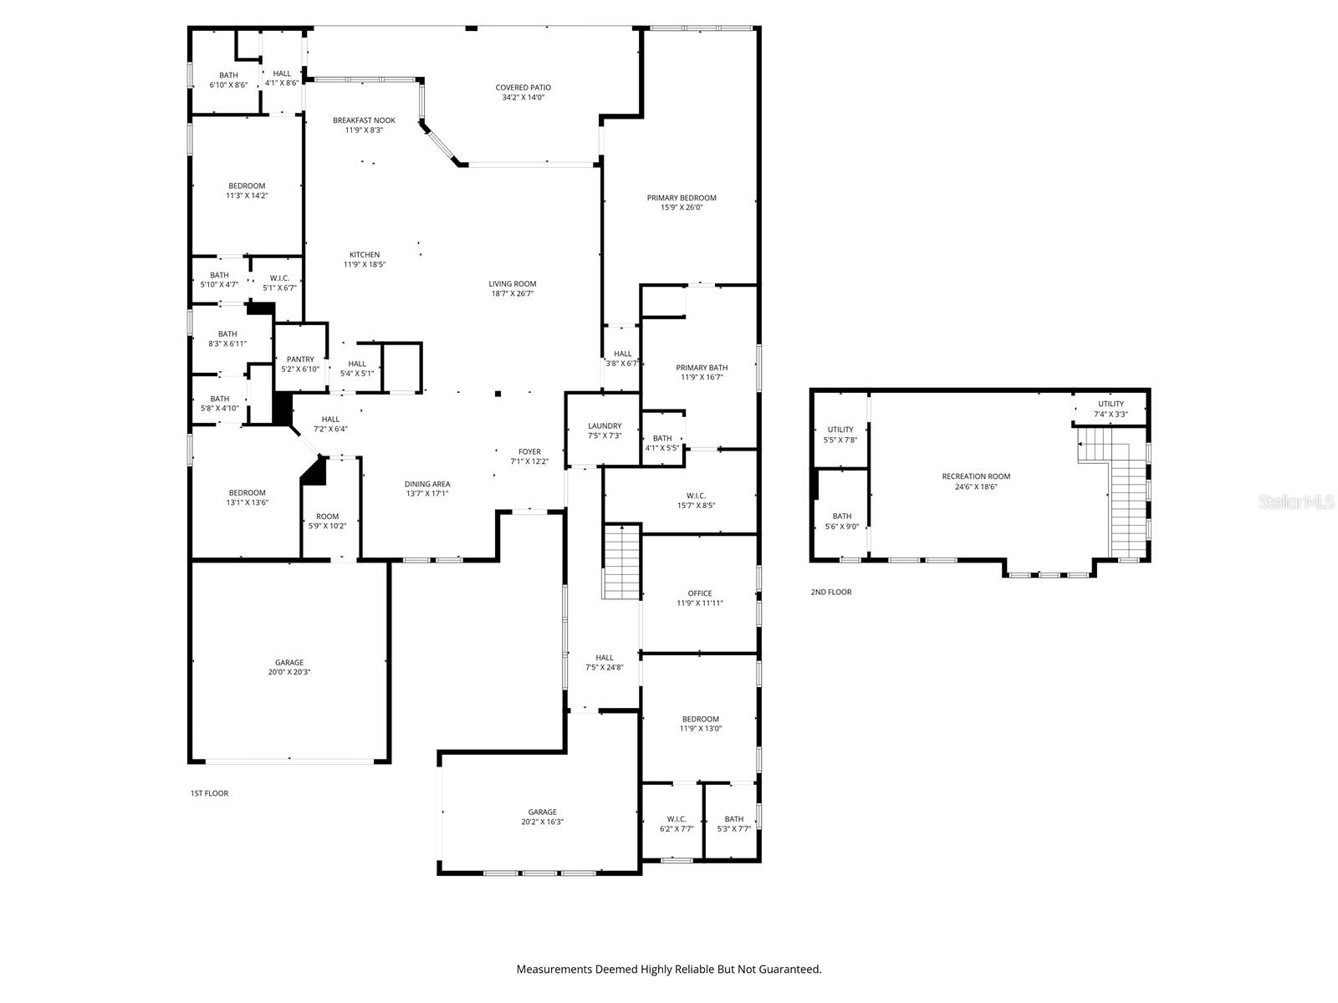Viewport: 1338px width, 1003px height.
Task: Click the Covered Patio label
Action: click(x=523, y=88)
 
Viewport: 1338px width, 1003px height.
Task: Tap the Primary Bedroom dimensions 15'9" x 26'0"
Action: click(x=682, y=207)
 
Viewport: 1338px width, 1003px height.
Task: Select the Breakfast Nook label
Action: click(x=364, y=120)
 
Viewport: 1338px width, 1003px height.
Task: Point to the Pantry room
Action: click(x=300, y=364)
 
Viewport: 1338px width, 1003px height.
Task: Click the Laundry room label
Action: click(x=605, y=426)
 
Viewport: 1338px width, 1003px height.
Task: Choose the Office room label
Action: click(x=700, y=593)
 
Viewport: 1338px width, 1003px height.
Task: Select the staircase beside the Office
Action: click(x=621, y=562)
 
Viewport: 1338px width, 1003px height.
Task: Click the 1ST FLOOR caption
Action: click(x=209, y=793)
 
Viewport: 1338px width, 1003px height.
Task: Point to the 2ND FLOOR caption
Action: click(x=830, y=592)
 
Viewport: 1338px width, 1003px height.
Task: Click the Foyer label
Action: click(x=529, y=452)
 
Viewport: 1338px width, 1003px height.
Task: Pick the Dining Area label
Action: click(x=427, y=484)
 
